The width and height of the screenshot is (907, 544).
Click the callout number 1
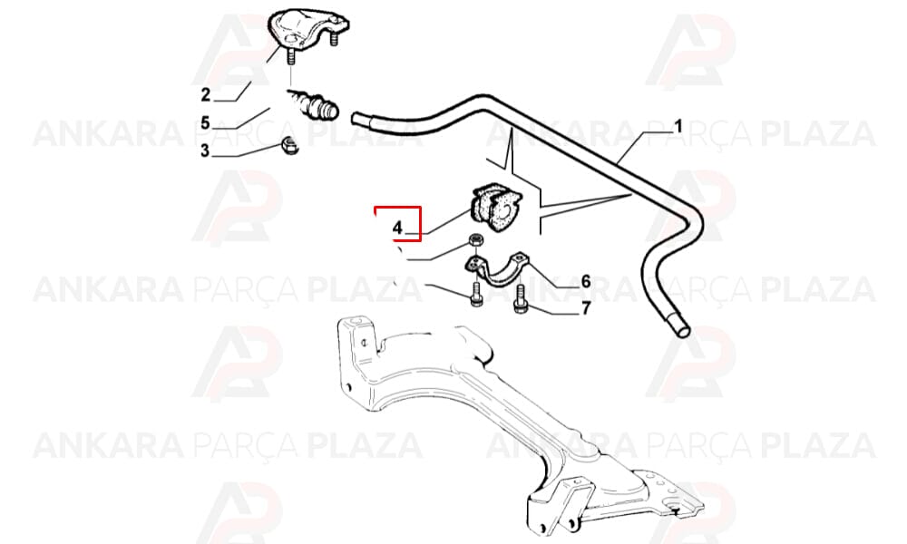click(678, 126)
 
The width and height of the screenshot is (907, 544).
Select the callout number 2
click(206, 94)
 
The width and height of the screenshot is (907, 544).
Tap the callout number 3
click(205, 151)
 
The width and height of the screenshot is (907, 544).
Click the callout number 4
click(397, 228)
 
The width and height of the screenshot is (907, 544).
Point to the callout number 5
click(206, 122)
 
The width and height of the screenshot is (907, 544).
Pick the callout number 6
click(586, 282)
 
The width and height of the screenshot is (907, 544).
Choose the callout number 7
click(586, 308)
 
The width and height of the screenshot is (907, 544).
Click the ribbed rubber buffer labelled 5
click(316, 103)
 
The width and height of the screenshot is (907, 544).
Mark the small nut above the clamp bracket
click(475, 239)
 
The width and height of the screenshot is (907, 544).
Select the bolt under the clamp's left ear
click(476, 295)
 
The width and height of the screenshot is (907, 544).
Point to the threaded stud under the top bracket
click(291, 56)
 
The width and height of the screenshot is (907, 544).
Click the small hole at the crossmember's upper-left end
click(365, 342)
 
